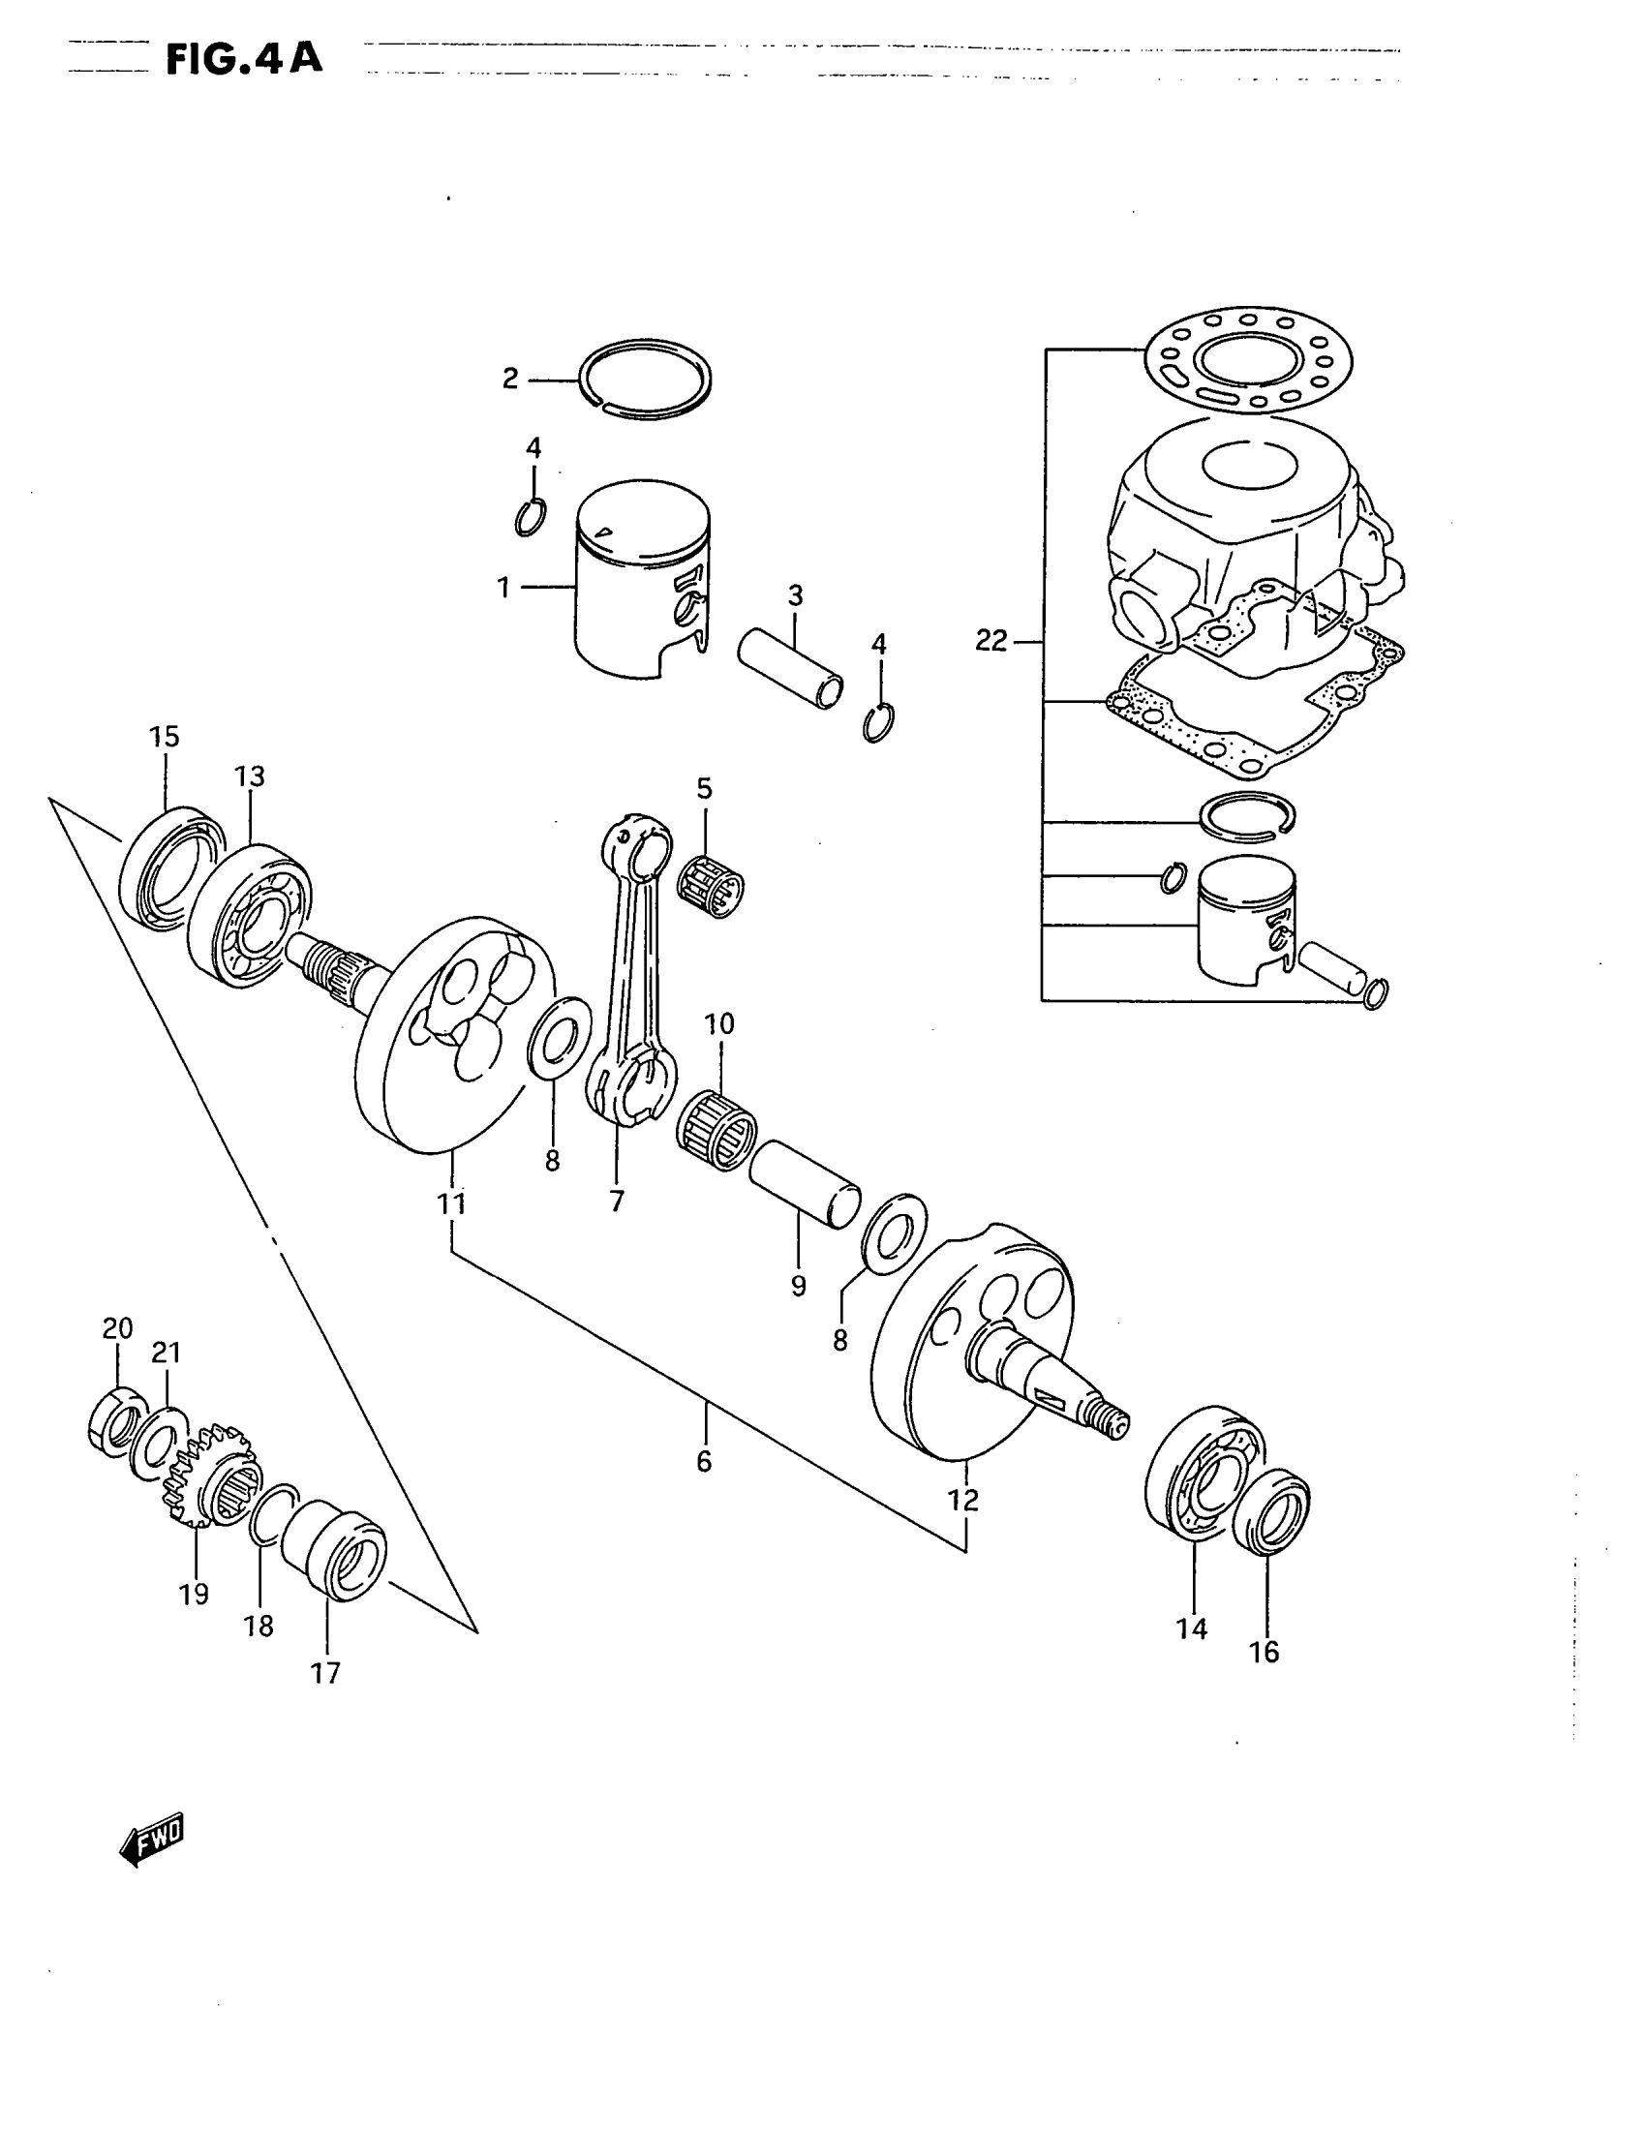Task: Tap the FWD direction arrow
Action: (152, 1839)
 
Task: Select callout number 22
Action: (991, 641)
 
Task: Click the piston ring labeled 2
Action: (646, 380)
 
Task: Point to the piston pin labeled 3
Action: (790, 670)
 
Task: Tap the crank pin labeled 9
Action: (805, 1186)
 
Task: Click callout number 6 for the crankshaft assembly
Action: (704, 1461)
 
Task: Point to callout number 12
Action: (963, 1500)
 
